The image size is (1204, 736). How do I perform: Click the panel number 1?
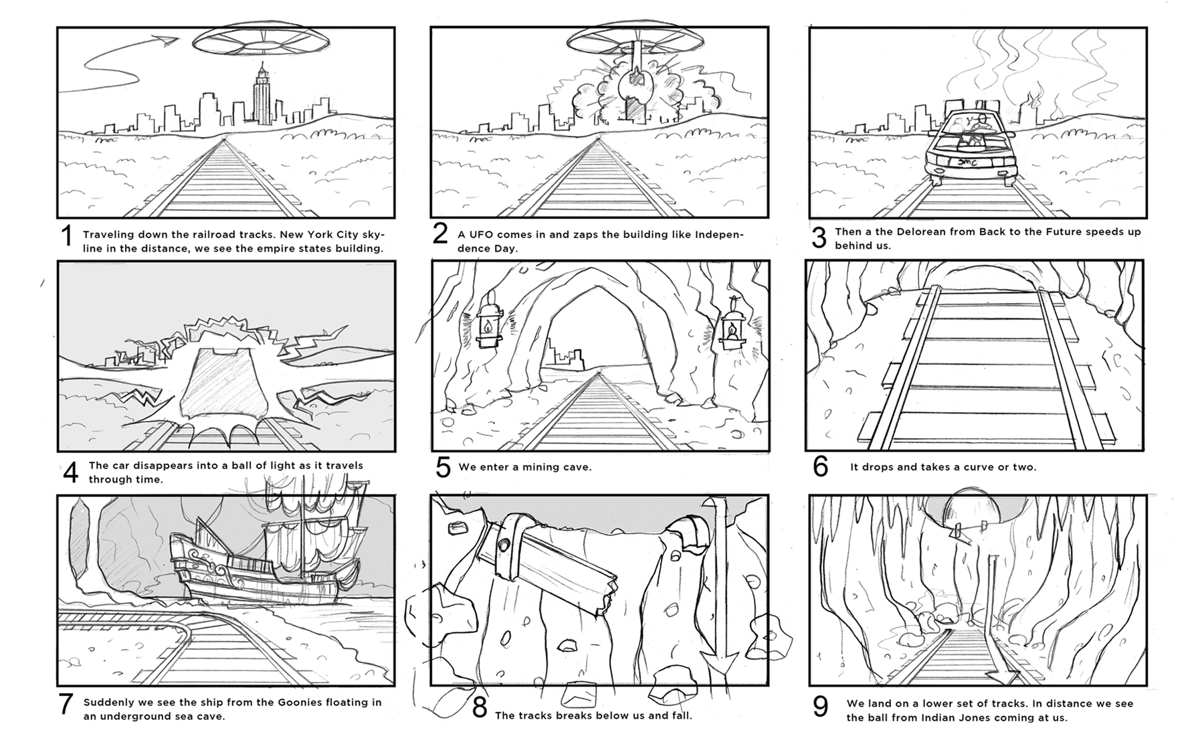pos(66,236)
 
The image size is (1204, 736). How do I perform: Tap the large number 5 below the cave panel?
pos(443,467)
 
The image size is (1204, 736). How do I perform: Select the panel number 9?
pos(820,707)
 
